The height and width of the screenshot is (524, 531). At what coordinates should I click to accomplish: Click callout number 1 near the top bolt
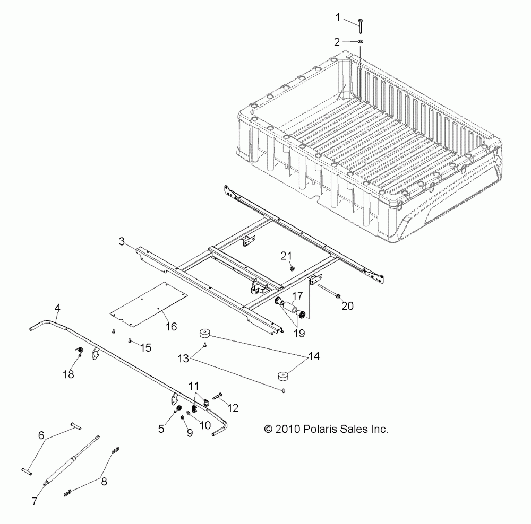tap(337, 17)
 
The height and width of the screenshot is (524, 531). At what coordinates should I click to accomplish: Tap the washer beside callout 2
tap(360, 41)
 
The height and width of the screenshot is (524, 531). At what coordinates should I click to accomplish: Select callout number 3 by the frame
tap(122, 242)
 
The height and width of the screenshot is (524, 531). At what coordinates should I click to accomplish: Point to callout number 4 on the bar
tap(57, 307)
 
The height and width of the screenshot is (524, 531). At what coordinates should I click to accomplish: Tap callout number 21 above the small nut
tap(287, 256)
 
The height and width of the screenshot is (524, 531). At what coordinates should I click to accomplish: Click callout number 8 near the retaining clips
tap(103, 482)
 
